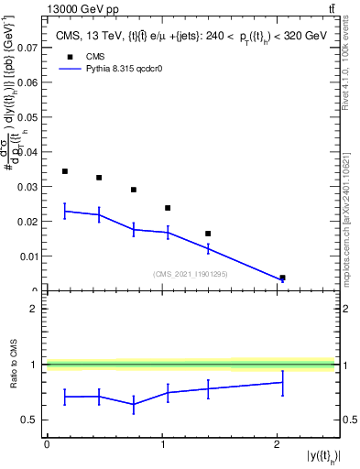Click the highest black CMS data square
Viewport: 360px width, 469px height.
point(64,171)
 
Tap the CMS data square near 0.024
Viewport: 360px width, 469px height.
point(168,208)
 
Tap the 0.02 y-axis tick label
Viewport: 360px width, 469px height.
point(29,222)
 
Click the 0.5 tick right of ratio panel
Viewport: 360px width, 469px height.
point(345,420)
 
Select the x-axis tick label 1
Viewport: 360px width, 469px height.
point(162,443)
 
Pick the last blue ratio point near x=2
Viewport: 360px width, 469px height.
point(282,382)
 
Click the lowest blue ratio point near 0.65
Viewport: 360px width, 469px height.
point(134,404)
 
